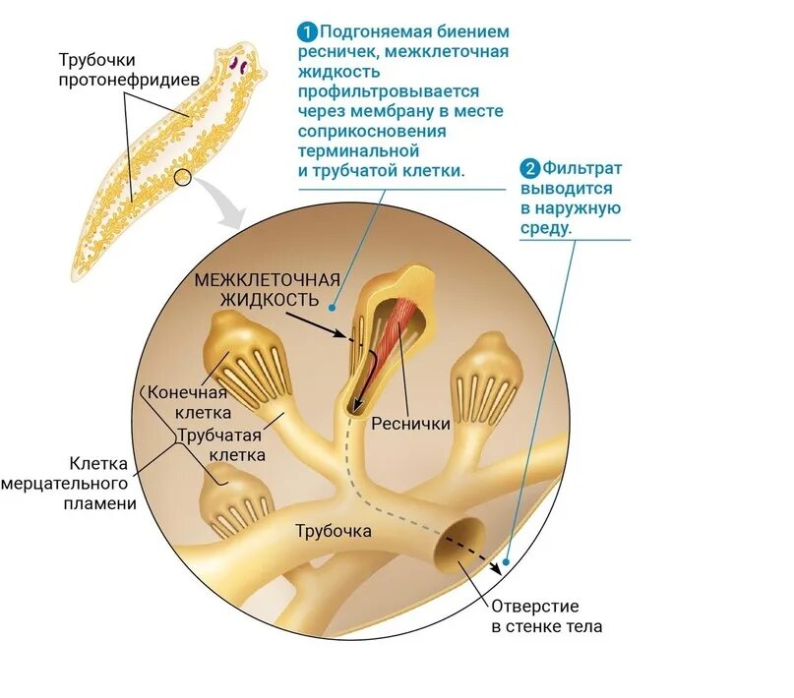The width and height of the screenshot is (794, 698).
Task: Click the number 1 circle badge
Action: pos(309,29)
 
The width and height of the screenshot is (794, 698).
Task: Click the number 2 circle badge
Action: pos(530,168)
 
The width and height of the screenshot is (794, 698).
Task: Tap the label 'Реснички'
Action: pos(411,424)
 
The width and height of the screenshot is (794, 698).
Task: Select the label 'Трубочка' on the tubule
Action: pos(334,531)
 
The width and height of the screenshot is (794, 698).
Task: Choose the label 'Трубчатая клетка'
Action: pos(221,444)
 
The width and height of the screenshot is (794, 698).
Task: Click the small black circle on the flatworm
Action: pos(182,178)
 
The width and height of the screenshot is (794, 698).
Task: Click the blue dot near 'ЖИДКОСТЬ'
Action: pos(333,306)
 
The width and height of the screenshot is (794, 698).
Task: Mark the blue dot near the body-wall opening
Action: pos(506,565)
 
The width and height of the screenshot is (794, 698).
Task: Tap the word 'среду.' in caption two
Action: pos(545,228)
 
